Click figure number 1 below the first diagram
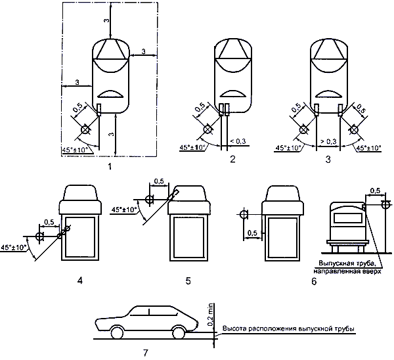coord(109,166)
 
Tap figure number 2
coord(232,159)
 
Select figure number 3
coord(328,160)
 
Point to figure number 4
coord(80,281)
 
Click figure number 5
coord(188,281)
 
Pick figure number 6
coord(314,281)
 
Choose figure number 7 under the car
coord(146,353)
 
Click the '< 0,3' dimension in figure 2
coord(238,141)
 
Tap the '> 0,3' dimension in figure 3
coord(328,141)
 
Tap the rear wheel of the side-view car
coord(179,332)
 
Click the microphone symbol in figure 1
coord(85,129)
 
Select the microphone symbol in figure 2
coord(208,129)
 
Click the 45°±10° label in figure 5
coord(124,209)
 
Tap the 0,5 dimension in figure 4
coord(49,222)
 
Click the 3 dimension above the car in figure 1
coord(107,20)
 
